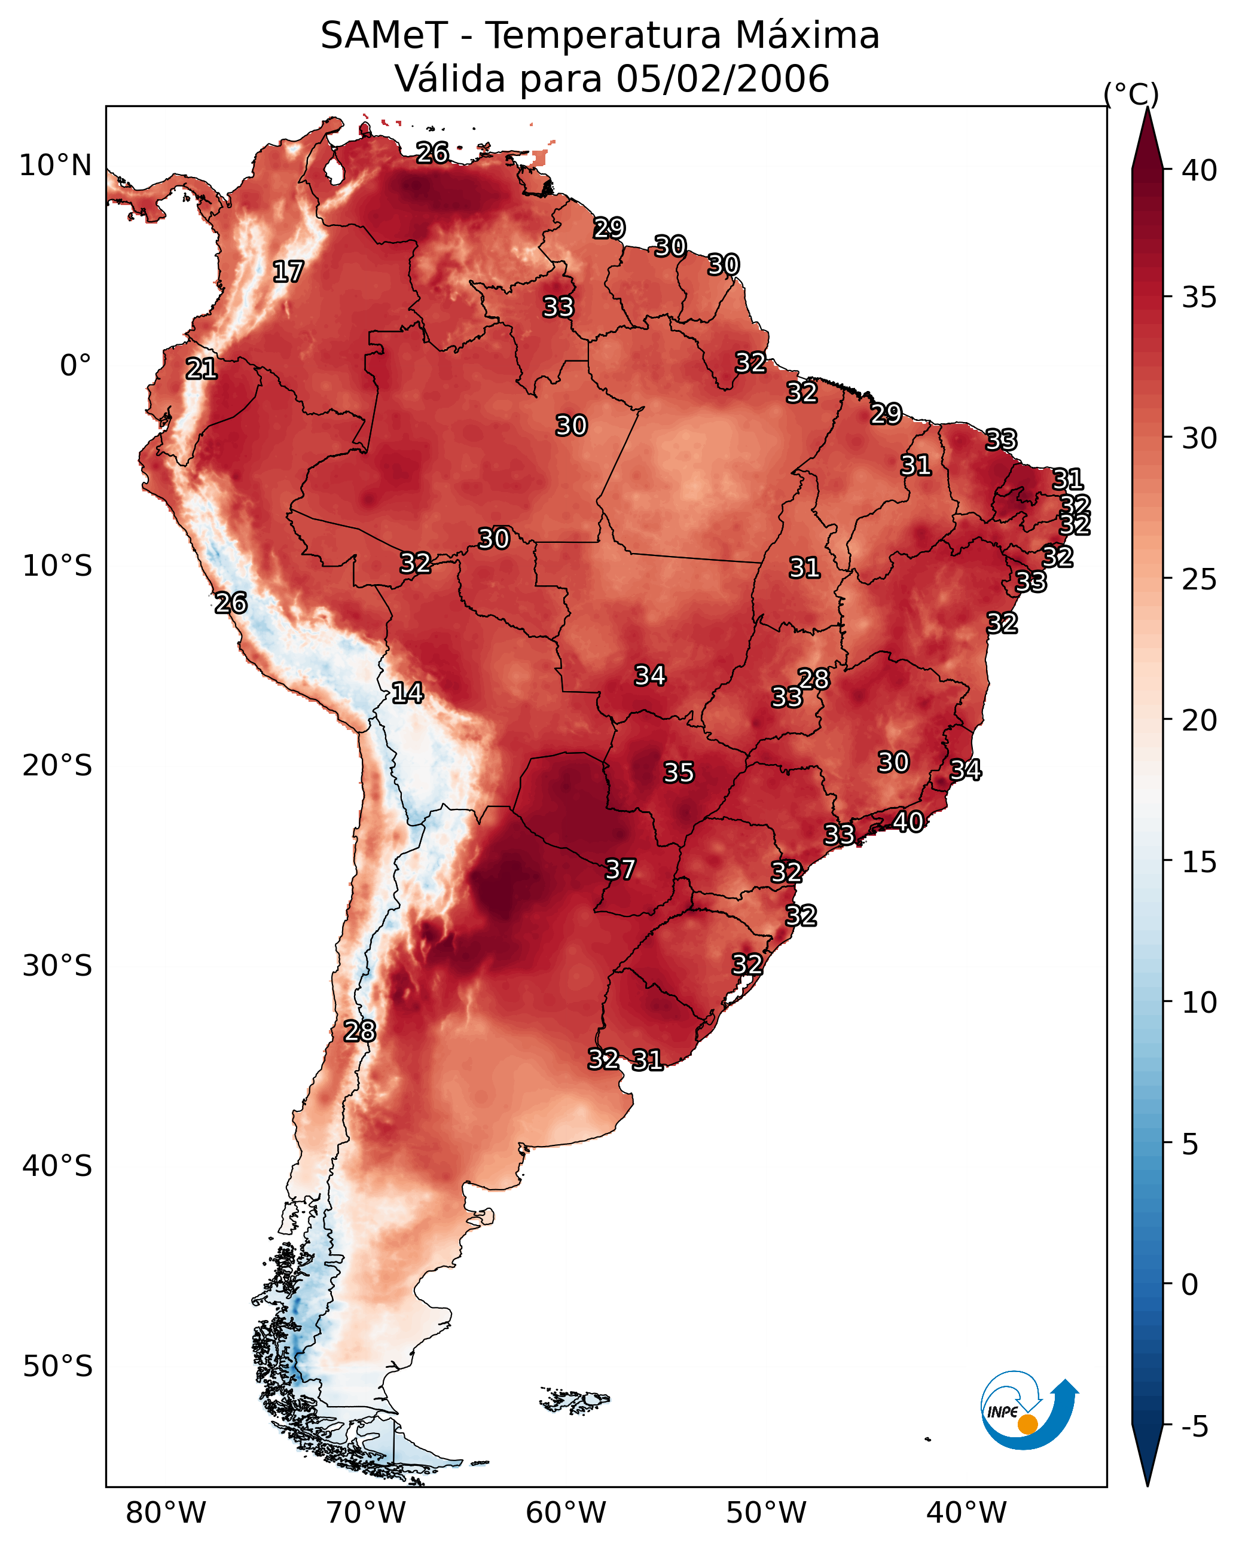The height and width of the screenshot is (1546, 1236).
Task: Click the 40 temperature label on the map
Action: pos(908,822)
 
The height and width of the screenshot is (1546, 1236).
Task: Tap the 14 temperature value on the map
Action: pos(407,693)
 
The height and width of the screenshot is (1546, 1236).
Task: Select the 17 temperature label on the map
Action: pos(288,272)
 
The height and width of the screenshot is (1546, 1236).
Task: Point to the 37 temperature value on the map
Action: pos(621,870)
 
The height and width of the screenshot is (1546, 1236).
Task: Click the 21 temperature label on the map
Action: pos(202,369)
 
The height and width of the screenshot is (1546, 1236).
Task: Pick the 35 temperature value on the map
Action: pos(679,773)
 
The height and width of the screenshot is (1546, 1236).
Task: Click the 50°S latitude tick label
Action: pos(57,1367)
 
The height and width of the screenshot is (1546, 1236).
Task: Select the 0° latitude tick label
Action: pos(76,366)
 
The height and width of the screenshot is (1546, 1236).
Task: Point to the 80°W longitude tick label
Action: pos(166,1513)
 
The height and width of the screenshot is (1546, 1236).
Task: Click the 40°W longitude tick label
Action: pos(966,1513)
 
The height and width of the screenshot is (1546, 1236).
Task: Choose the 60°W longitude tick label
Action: pos(566,1513)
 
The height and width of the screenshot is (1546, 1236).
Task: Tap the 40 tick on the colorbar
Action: pos(1200,170)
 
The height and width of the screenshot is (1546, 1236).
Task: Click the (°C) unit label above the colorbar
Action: pos(1131,94)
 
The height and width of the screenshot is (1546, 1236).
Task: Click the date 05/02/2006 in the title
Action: pos(723,79)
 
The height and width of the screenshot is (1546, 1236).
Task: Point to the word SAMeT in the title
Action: pos(384,36)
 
